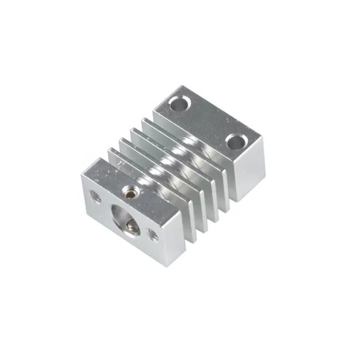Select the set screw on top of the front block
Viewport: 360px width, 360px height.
pyautogui.click(x=128, y=192)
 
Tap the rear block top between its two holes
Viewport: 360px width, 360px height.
pyautogui.click(x=207, y=122)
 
